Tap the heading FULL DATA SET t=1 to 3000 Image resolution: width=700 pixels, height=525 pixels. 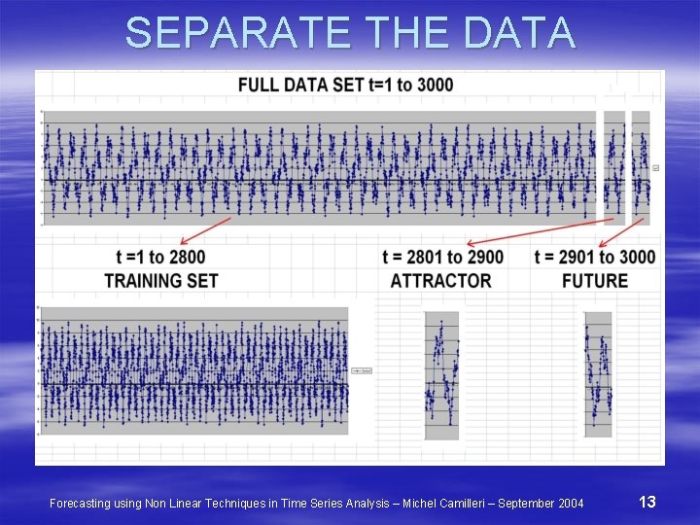click(x=345, y=85)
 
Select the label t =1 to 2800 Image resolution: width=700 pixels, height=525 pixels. click(x=160, y=258)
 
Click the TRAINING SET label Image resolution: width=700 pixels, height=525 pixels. click(x=161, y=281)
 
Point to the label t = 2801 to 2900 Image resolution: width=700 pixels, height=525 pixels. click(x=443, y=258)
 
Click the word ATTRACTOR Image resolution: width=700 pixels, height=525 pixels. click(x=440, y=281)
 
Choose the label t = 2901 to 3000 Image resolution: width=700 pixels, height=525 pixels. click(x=595, y=258)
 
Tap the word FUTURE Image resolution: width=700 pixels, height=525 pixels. click(x=595, y=281)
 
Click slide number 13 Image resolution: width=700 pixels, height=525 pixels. click(x=647, y=502)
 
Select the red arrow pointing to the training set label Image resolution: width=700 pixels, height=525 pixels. click(x=204, y=231)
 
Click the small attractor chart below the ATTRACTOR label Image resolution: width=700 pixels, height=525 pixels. click(x=441, y=375)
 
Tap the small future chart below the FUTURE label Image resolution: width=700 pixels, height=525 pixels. click(x=598, y=374)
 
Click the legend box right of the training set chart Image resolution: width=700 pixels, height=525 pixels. click(x=362, y=370)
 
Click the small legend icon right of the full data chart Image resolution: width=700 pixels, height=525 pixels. click(x=655, y=168)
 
